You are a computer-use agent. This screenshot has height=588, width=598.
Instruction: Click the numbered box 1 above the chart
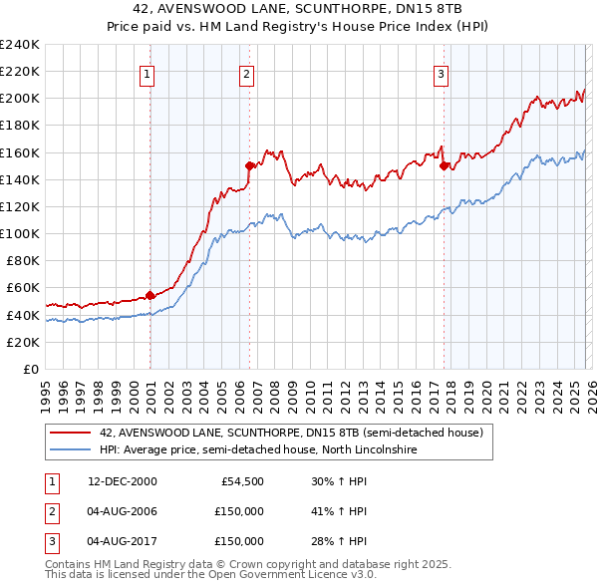(x=148, y=73)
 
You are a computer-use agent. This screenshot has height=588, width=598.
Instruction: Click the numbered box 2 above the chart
(x=246, y=73)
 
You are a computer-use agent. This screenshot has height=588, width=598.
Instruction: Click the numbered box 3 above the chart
(x=441, y=73)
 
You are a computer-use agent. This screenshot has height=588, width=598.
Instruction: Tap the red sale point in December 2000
(x=150, y=295)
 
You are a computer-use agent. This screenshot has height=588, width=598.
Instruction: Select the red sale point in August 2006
(x=249, y=165)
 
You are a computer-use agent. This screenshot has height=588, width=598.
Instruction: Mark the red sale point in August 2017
(x=444, y=165)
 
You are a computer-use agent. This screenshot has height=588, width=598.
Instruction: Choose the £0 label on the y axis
(x=30, y=369)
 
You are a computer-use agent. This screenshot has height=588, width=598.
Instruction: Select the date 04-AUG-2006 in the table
(x=122, y=511)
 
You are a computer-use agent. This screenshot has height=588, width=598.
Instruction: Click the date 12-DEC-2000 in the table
(x=122, y=481)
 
